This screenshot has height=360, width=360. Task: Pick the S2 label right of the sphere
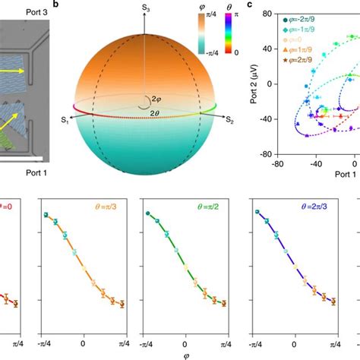point(229,119)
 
